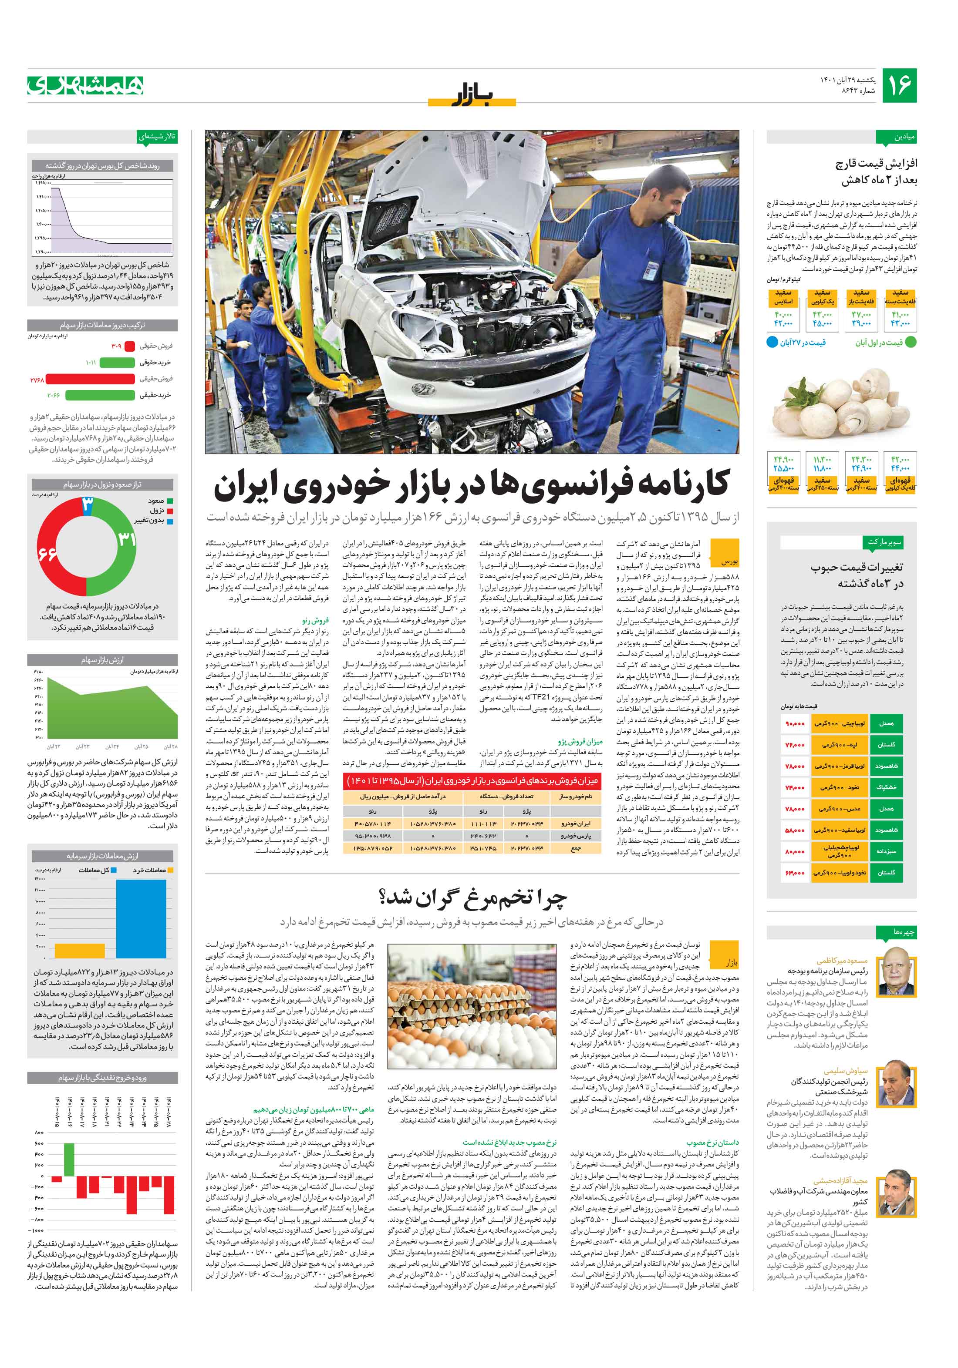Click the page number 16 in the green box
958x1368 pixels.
point(899,85)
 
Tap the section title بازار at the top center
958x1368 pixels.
point(471,95)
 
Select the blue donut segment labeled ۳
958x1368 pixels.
point(87,504)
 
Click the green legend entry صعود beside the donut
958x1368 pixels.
point(162,501)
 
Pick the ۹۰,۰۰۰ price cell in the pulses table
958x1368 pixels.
point(795,723)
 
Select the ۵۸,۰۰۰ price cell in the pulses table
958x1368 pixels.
point(795,830)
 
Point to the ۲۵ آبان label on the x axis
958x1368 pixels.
point(141,746)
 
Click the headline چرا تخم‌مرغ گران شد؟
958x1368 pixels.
point(472,897)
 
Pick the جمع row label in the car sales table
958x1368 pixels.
point(576,848)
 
